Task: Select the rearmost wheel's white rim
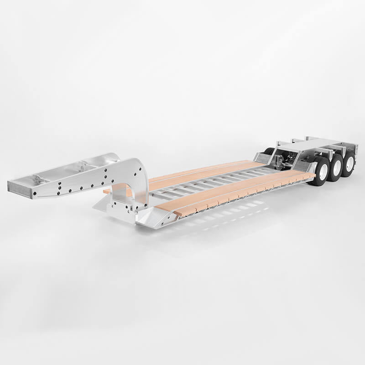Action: (350, 164)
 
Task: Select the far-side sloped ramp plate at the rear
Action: (262, 158)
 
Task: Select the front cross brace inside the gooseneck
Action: (41, 179)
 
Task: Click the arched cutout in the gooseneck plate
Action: (121, 194)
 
